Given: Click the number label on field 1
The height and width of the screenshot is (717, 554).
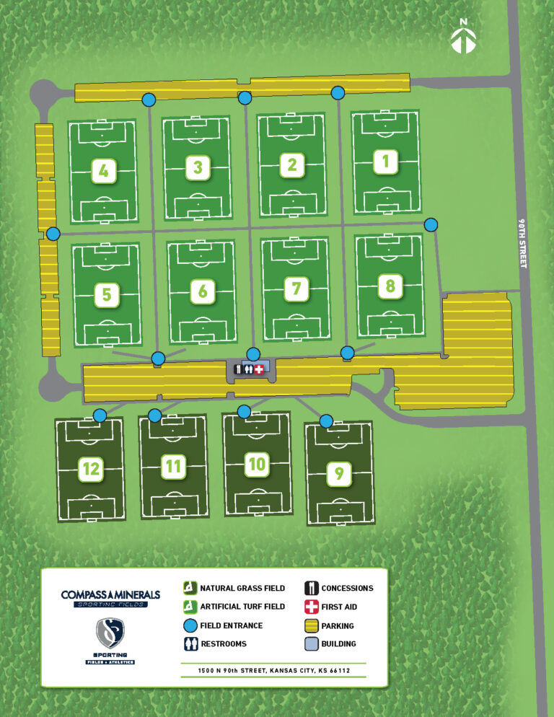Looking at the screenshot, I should pyautogui.click(x=386, y=162).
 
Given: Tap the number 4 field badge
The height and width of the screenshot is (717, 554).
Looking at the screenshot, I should pyautogui.click(x=105, y=171).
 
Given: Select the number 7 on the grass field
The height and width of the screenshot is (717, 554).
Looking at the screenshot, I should pyautogui.click(x=296, y=289).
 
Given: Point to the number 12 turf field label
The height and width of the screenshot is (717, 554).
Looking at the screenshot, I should pyautogui.click(x=91, y=469).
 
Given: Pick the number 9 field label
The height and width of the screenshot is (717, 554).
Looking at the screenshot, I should pyautogui.click(x=338, y=474).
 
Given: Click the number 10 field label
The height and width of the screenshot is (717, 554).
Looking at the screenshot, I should pyautogui.click(x=257, y=465).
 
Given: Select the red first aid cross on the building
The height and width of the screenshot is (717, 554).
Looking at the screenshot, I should pyautogui.click(x=259, y=369).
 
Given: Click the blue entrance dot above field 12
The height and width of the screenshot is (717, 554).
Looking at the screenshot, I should pyautogui.click(x=100, y=415).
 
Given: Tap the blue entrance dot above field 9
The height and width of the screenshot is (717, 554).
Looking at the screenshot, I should pyautogui.click(x=326, y=421).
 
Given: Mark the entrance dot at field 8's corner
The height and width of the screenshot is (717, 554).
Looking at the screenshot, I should pyautogui.click(x=431, y=224).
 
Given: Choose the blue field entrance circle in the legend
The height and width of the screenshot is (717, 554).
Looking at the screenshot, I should pyautogui.click(x=190, y=625).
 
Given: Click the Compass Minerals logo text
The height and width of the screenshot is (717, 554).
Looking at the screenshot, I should pyautogui.click(x=110, y=595).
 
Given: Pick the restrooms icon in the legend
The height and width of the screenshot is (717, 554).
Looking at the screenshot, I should pyautogui.click(x=190, y=644).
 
